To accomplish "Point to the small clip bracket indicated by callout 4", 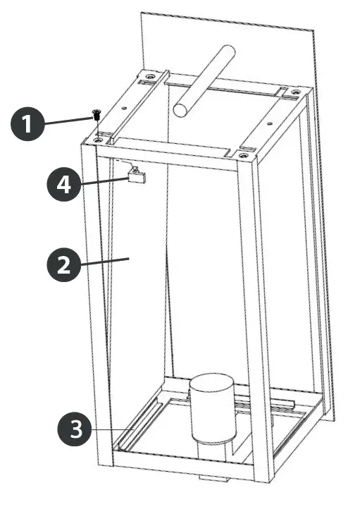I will tap(136, 175).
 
